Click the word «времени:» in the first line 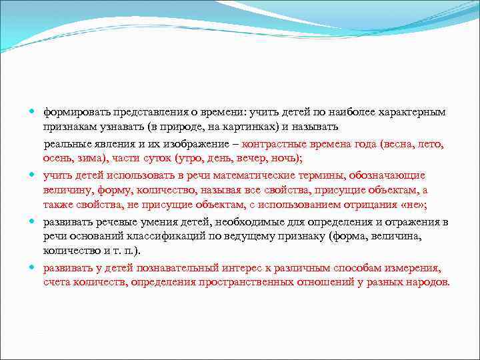[225, 111]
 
